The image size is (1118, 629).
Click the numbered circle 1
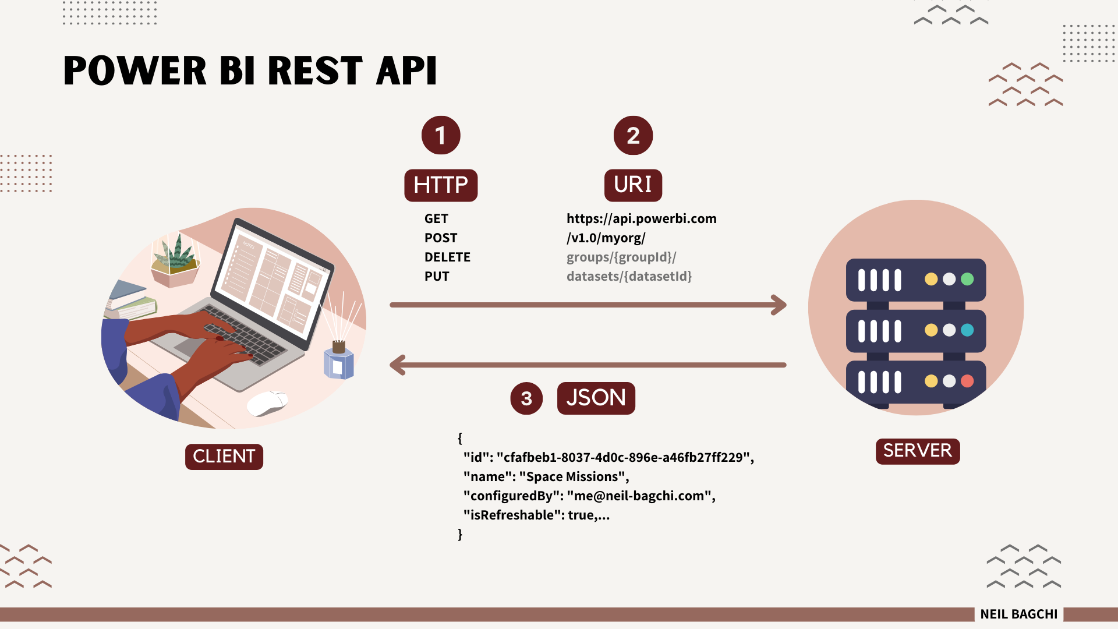coord(441,135)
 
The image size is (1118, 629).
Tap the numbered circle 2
coord(633,135)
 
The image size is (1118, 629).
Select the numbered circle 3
coord(526,398)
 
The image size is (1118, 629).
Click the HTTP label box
coord(441,185)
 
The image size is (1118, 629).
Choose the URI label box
coord(633,185)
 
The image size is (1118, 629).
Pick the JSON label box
coord(596,398)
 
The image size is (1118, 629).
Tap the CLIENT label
coord(224,457)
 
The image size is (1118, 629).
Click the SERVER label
coord(917,451)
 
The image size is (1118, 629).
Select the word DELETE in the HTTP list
coord(447,257)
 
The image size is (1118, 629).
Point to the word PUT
coord(437,276)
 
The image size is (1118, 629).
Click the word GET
coord(436,218)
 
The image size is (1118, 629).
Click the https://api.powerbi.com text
coord(641,218)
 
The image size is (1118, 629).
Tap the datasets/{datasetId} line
coord(629,276)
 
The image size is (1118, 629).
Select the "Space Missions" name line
coord(546,476)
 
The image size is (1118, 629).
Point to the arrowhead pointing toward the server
coord(779,305)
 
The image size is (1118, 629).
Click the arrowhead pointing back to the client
coord(398,365)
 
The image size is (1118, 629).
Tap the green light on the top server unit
coord(967,279)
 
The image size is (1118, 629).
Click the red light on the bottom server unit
coord(967,381)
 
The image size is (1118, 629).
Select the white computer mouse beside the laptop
coord(267,403)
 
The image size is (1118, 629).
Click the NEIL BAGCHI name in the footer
coord(1018,614)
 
